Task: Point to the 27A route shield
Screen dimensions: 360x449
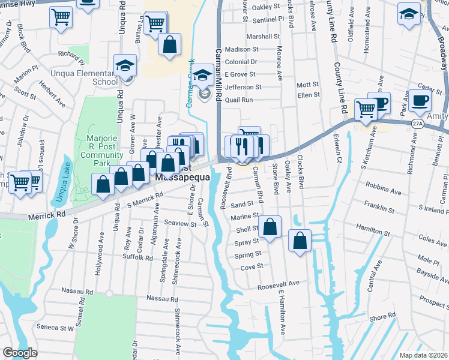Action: click(x=418, y=123)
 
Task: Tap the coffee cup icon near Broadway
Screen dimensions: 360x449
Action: click(x=420, y=101)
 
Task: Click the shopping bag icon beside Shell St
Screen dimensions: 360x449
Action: click(x=270, y=227)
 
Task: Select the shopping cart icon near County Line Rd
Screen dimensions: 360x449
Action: click(x=366, y=109)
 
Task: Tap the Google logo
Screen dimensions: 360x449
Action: click(x=20, y=353)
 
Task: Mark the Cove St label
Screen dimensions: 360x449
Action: click(x=252, y=267)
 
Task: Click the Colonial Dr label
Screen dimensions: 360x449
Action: click(x=241, y=62)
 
